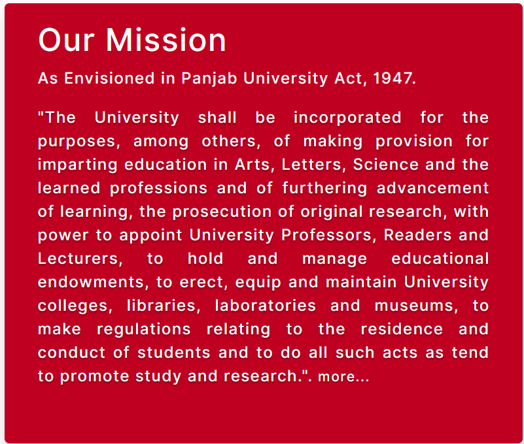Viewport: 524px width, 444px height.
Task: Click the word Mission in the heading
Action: coord(166,40)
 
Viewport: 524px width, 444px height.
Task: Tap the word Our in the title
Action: coord(67,40)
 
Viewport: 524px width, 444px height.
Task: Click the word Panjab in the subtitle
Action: coord(209,79)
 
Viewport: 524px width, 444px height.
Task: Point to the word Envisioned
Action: coord(109,78)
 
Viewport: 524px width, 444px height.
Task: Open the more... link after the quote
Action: coord(343,376)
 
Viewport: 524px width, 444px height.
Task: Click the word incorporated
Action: coord(347,118)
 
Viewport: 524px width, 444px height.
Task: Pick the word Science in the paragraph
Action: coord(386,165)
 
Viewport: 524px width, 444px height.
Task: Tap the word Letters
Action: coord(311,165)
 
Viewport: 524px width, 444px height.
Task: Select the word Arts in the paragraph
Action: coord(253,165)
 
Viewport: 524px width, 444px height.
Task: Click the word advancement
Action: coord(432,188)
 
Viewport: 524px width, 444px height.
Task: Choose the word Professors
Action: coord(326,235)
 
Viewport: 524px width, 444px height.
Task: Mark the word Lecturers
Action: coord(78,259)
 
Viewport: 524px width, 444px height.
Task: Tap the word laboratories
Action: coord(265,306)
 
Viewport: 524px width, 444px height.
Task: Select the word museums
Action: coord(413,306)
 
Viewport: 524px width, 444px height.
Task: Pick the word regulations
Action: coord(144,330)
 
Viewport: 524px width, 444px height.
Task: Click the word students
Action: coord(174,353)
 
